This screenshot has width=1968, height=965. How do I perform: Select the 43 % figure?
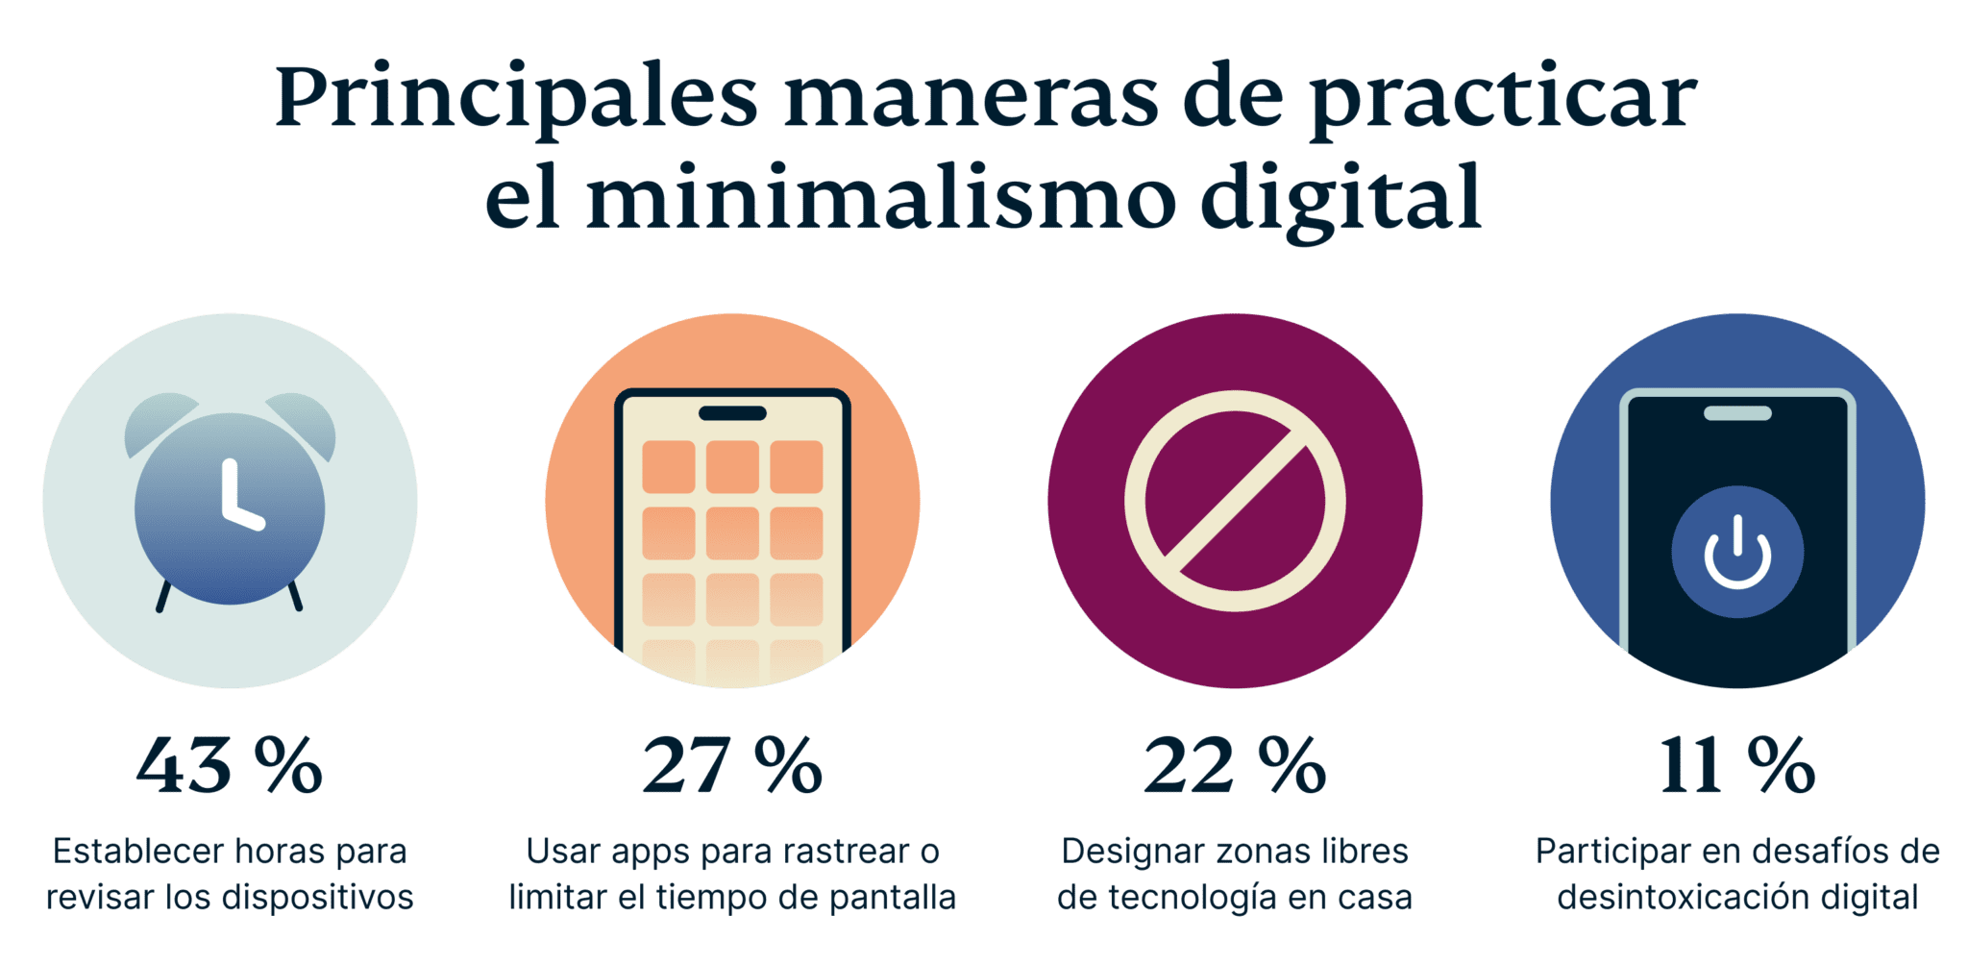229,766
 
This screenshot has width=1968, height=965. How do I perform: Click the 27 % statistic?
732,766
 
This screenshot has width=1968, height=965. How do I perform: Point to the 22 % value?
1235,766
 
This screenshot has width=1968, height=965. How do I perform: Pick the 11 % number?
1737,766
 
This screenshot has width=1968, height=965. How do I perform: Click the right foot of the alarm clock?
295,596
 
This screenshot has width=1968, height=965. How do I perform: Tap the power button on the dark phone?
1737,553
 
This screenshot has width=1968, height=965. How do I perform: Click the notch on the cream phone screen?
732,413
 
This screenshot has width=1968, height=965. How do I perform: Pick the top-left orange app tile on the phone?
669,466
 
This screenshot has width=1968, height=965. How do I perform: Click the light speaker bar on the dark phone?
1737,413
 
